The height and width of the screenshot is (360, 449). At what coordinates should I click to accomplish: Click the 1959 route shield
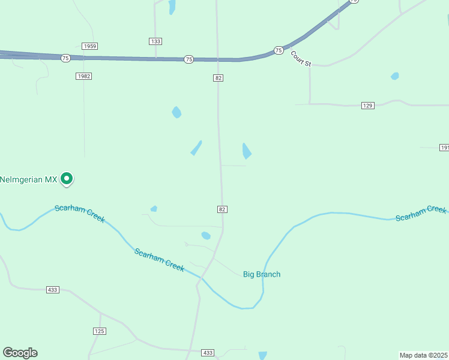(90, 46)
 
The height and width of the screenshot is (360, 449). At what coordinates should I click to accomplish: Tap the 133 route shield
(155, 41)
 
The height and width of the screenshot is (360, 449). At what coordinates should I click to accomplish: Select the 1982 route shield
(84, 76)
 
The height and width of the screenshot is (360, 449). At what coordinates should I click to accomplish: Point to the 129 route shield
(368, 106)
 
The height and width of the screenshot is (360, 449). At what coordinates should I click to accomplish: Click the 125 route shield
(100, 331)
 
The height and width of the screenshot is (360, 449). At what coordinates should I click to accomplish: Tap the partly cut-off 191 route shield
(444, 148)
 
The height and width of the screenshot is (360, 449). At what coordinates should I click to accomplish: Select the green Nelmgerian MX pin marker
(67, 178)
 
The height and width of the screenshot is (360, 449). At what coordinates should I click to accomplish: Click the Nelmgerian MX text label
(28, 179)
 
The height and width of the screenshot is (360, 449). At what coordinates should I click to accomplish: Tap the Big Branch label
(262, 274)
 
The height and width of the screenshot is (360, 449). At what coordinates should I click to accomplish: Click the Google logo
(20, 353)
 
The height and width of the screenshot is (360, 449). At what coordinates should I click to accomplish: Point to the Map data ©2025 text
(424, 355)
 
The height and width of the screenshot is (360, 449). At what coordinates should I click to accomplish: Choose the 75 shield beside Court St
(279, 50)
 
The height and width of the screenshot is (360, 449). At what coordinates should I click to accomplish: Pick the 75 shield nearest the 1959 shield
(65, 58)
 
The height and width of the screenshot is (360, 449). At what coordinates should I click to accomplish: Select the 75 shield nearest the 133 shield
(189, 59)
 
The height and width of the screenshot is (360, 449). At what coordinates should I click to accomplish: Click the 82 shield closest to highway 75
(218, 78)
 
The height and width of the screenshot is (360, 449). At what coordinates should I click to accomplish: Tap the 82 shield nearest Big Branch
(222, 209)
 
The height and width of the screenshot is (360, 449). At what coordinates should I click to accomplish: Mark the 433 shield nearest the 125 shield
(53, 290)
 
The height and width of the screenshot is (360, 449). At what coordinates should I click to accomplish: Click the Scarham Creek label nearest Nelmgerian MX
(79, 214)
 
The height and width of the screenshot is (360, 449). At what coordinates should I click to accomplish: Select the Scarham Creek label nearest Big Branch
(159, 259)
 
